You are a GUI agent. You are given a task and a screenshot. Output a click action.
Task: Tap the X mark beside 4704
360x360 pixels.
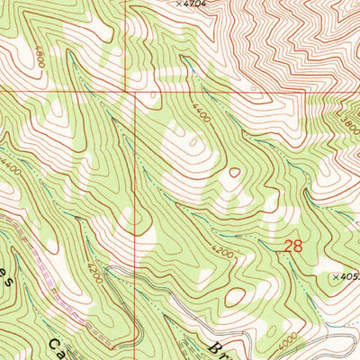(x=178, y=4)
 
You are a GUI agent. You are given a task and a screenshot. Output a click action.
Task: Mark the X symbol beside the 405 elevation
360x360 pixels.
(x=334, y=277)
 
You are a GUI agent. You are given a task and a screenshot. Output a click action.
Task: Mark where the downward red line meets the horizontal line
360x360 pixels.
(x=136, y=91)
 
